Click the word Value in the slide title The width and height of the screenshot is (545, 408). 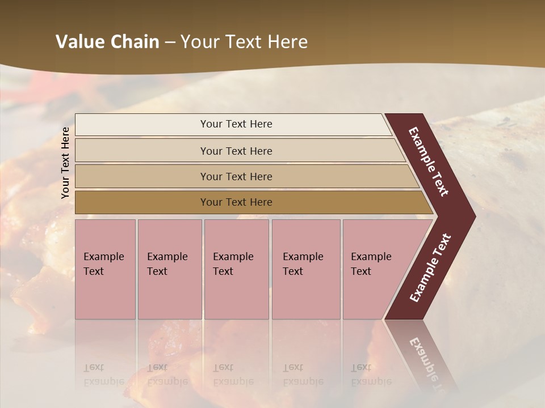point(79,42)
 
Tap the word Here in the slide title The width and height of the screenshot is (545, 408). point(287,42)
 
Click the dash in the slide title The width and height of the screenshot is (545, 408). point(170,42)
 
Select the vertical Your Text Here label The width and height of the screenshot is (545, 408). point(65,163)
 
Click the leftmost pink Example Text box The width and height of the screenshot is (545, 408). point(105,269)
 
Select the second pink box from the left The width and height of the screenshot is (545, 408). point(169,269)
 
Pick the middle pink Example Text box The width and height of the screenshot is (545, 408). point(236,269)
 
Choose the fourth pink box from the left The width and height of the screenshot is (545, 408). point(305,269)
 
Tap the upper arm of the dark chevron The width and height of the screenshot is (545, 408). point(429,162)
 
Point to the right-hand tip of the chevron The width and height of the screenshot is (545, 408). point(471,216)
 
